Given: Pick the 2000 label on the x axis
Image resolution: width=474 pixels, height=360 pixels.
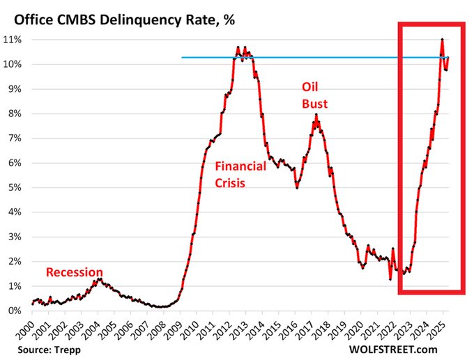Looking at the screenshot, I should [32, 329].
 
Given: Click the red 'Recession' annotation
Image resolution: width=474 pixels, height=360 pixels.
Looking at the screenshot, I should [75, 272].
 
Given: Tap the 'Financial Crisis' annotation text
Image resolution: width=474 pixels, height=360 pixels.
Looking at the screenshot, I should [240, 175].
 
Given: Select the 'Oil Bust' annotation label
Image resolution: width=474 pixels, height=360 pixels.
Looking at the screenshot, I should [314, 95].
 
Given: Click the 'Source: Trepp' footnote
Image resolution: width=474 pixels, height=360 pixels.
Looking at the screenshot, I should [45, 348].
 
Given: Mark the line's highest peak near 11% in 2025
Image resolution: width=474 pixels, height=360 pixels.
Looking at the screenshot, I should [442, 40].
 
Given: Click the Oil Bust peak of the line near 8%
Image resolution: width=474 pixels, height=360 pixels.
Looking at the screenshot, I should [316, 114].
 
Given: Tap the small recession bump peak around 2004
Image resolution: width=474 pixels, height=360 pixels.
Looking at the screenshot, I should [100, 279].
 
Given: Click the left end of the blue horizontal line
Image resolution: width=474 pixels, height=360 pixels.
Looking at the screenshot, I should [182, 57].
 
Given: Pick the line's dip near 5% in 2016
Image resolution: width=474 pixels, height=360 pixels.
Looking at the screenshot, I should [297, 188].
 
